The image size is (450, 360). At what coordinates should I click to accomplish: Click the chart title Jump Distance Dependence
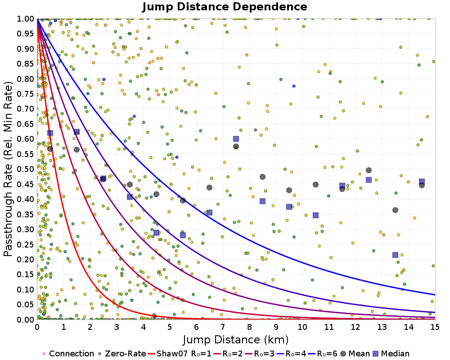pos(225,7)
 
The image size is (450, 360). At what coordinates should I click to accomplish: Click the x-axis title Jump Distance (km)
pos(235,339)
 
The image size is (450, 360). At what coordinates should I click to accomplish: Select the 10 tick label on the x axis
pos(302,327)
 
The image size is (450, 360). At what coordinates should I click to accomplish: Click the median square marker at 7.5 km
pos(236,139)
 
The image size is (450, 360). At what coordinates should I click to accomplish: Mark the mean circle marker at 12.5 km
pos(369,170)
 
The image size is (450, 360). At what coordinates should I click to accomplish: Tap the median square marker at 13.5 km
pos(395,255)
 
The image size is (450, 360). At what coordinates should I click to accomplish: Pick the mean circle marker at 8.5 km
pos(262,177)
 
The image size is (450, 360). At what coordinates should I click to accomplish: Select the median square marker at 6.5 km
pos(209,212)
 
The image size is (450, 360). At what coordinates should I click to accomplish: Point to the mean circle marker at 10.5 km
pos(315,184)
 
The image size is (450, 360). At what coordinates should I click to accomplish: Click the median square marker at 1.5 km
pos(76,132)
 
